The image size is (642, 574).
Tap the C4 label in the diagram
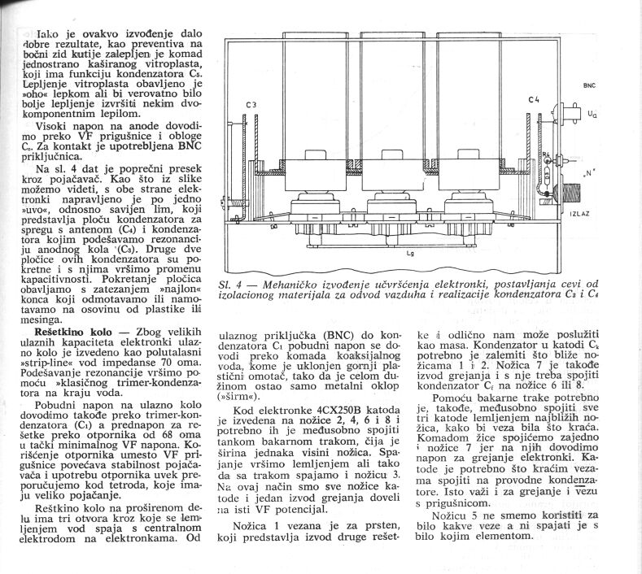pos(534,100)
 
